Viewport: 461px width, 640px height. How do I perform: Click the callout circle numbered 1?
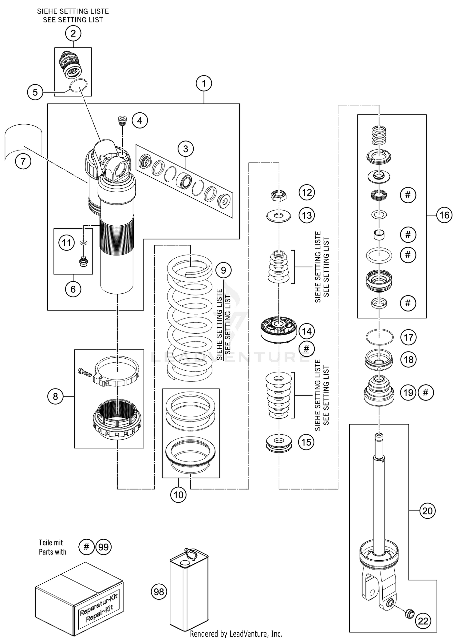204,83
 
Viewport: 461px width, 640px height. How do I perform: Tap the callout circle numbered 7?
23,161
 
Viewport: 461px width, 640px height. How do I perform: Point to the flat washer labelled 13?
278,215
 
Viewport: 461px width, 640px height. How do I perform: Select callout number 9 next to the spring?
223,270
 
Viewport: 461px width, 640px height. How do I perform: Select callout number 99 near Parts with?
104,547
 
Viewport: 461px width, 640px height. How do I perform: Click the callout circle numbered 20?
428,511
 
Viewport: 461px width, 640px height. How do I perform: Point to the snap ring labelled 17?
380,337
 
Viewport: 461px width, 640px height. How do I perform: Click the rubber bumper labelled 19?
379,392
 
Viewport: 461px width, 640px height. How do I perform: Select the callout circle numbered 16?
444,215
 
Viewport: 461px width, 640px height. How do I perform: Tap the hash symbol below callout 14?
306,348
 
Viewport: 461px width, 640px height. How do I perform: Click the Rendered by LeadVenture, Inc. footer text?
236,634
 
